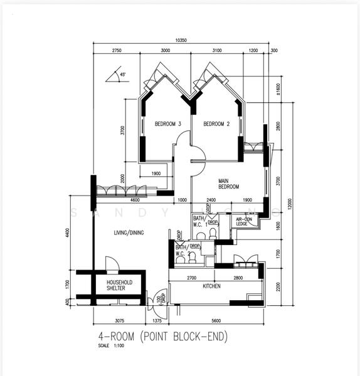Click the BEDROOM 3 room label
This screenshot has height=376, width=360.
point(167,124)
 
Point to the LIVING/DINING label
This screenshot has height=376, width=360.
point(129,233)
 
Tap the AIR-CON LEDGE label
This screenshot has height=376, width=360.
point(245,221)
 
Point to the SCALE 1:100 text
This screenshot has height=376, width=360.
point(112,346)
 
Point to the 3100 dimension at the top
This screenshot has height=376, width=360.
point(218,50)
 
